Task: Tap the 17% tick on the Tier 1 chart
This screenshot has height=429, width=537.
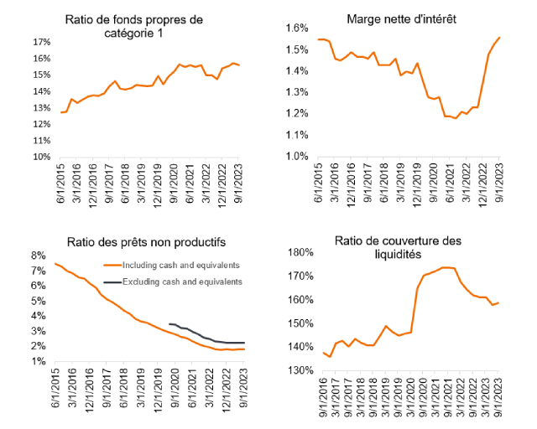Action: click(41, 42)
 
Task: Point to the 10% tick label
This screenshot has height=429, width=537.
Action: click(41, 157)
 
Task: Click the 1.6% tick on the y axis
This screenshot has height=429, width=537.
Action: click(298, 28)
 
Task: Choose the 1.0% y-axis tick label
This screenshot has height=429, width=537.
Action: click(298, 157)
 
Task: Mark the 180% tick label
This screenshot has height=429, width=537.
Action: click(300, 253)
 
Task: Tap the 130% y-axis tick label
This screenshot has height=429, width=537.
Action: click(300, 370)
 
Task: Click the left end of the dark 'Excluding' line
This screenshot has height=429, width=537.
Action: click(169, 323)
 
